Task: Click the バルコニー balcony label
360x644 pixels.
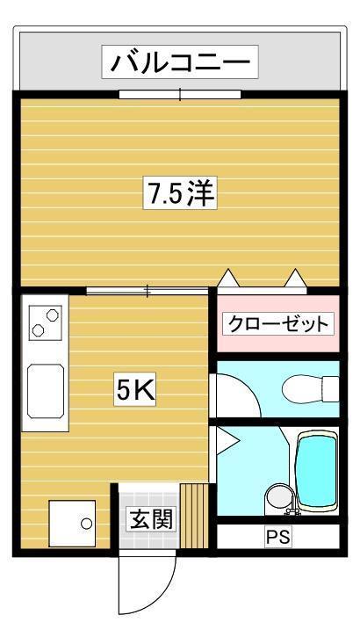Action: tap(180, 62)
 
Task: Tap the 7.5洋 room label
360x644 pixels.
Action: tap(181, 193)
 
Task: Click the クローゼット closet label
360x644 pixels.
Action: tap(277, 324)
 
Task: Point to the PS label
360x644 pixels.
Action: tap(277, 536)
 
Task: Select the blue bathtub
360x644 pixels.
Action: tap(316, 468)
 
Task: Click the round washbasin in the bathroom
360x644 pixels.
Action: tap(277, 498)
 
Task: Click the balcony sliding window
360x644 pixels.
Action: tap(180, 92)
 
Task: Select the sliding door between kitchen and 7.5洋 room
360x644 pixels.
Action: tap(148, 289)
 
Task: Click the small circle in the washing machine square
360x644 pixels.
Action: tap(86, 524)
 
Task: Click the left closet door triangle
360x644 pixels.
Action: tap(228, 279)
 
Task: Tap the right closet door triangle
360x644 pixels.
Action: tap(294, 279)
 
